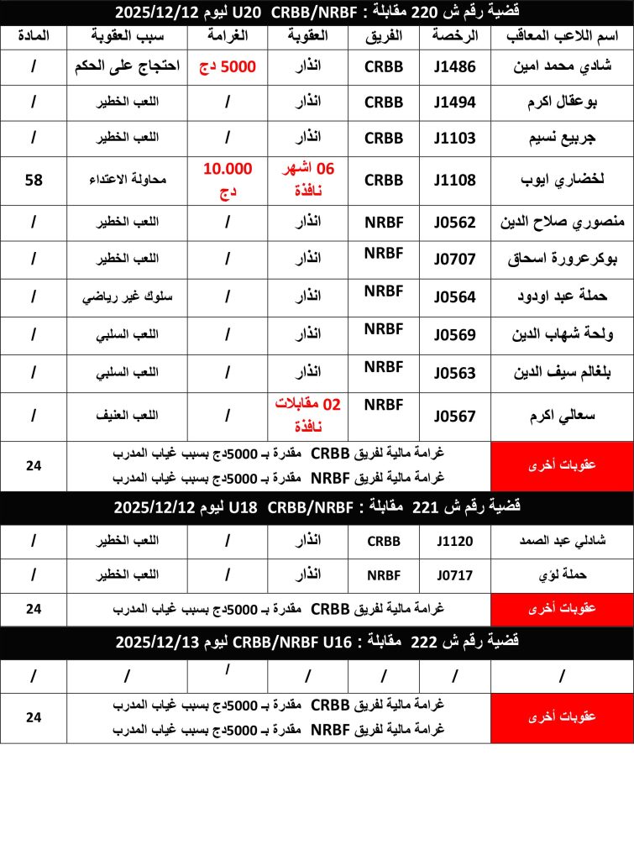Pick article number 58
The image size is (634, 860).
[x=34, y=180]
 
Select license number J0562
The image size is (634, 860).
[x=454, y=223]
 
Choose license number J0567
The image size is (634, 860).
[x=454, y=416]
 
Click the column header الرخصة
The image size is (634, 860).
[x=454, y=37]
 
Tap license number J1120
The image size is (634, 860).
[x=454, y=542]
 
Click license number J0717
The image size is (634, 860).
[x=454, y=575]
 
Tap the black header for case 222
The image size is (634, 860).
[x=317, y=642]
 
